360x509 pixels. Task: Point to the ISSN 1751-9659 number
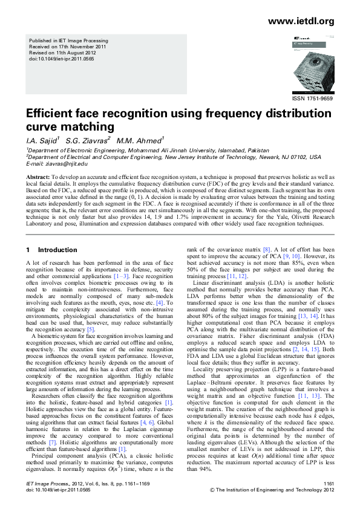click(312, 97)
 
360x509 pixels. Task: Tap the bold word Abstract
click(37, 176)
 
